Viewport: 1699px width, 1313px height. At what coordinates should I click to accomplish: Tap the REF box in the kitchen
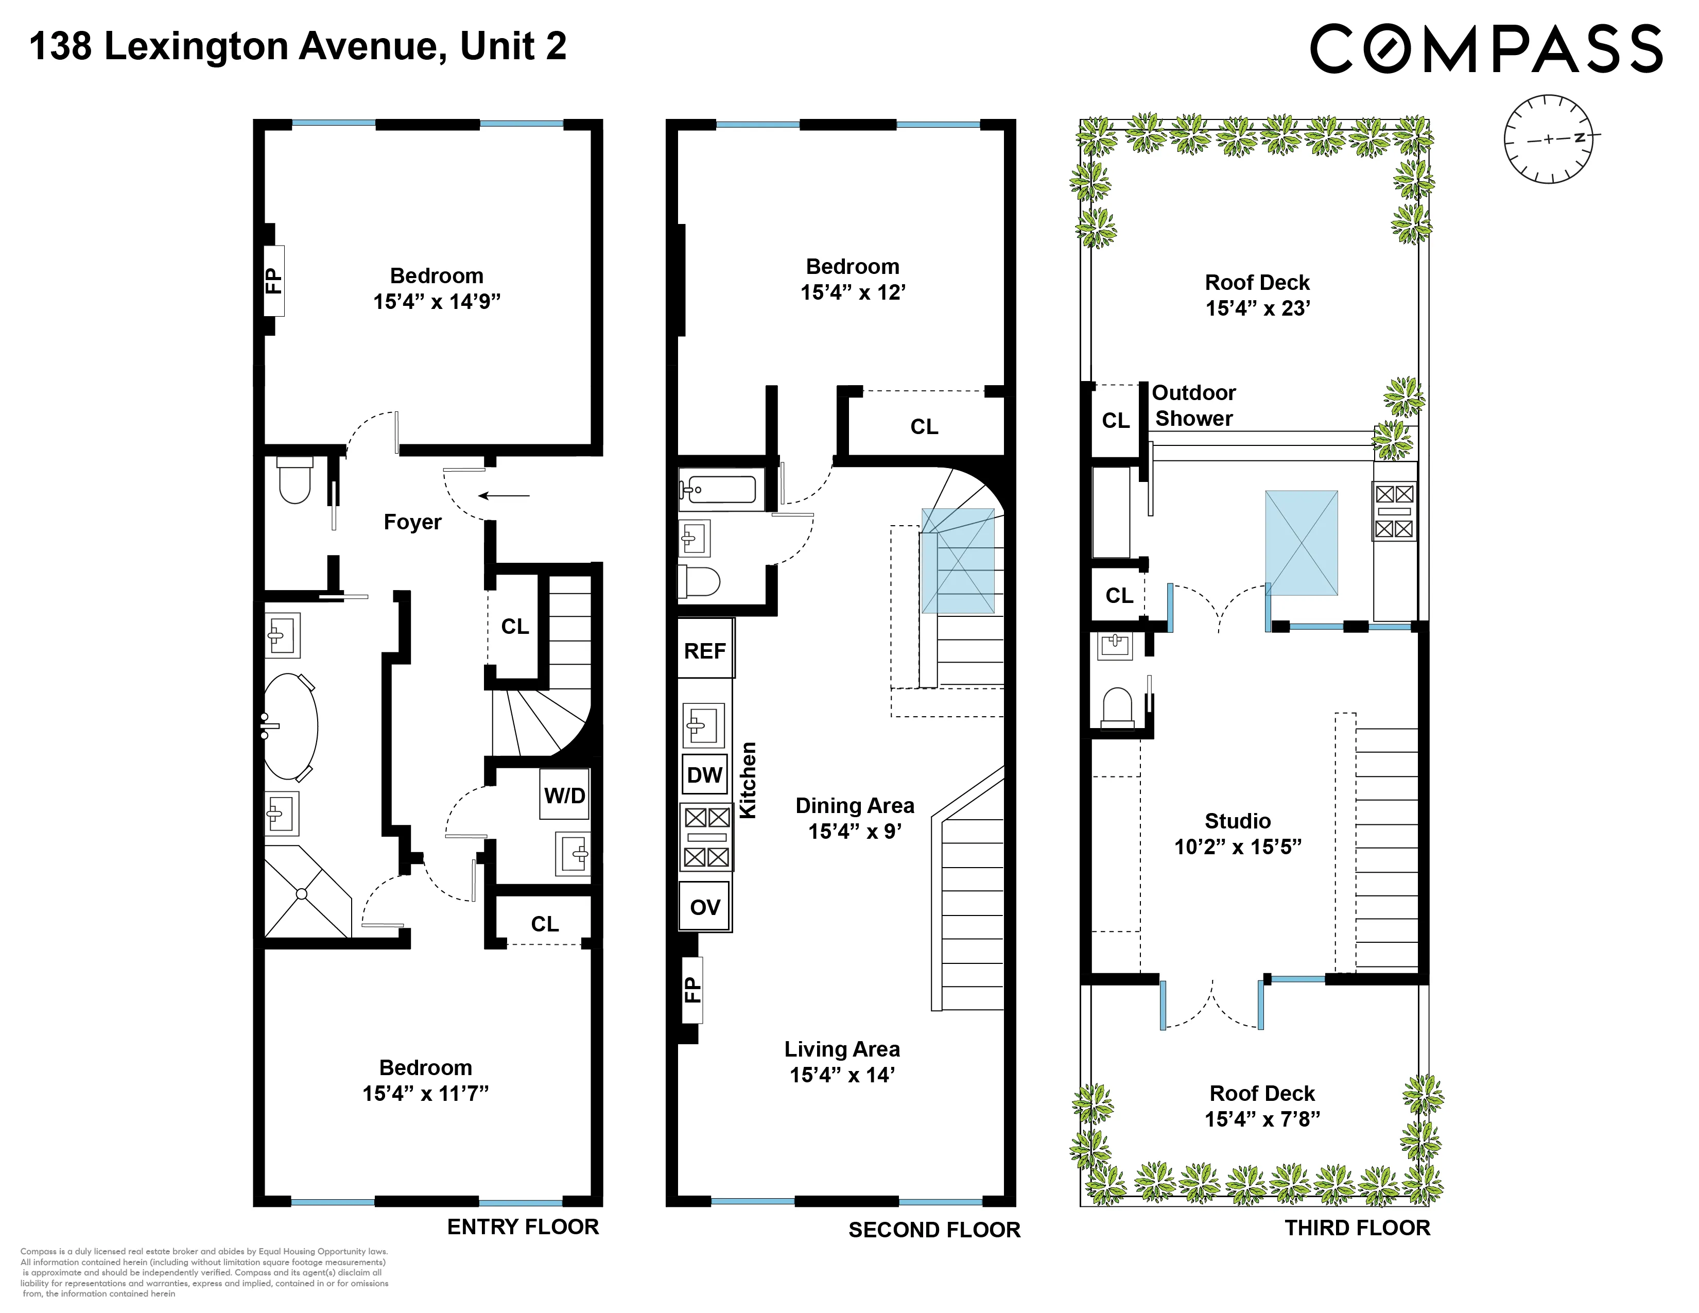705,650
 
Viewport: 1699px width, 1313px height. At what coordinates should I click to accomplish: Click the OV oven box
705,906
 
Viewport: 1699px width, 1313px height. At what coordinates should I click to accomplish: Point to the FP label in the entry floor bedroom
273,280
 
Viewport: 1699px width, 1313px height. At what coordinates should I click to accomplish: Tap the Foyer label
412,522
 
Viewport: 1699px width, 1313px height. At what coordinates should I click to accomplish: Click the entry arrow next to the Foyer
504,495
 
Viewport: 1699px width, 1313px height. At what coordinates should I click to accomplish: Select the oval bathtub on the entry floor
290,727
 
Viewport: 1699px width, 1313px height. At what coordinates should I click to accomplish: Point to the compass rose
1548,139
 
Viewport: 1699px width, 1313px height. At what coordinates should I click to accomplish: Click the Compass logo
1486,48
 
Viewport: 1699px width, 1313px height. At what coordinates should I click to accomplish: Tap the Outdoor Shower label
1193,405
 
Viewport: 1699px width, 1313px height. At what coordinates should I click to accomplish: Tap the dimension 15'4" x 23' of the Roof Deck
1257,308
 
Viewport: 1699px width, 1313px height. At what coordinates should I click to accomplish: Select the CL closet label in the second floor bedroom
924,426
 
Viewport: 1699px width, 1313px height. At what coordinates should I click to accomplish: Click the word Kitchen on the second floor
748,780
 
